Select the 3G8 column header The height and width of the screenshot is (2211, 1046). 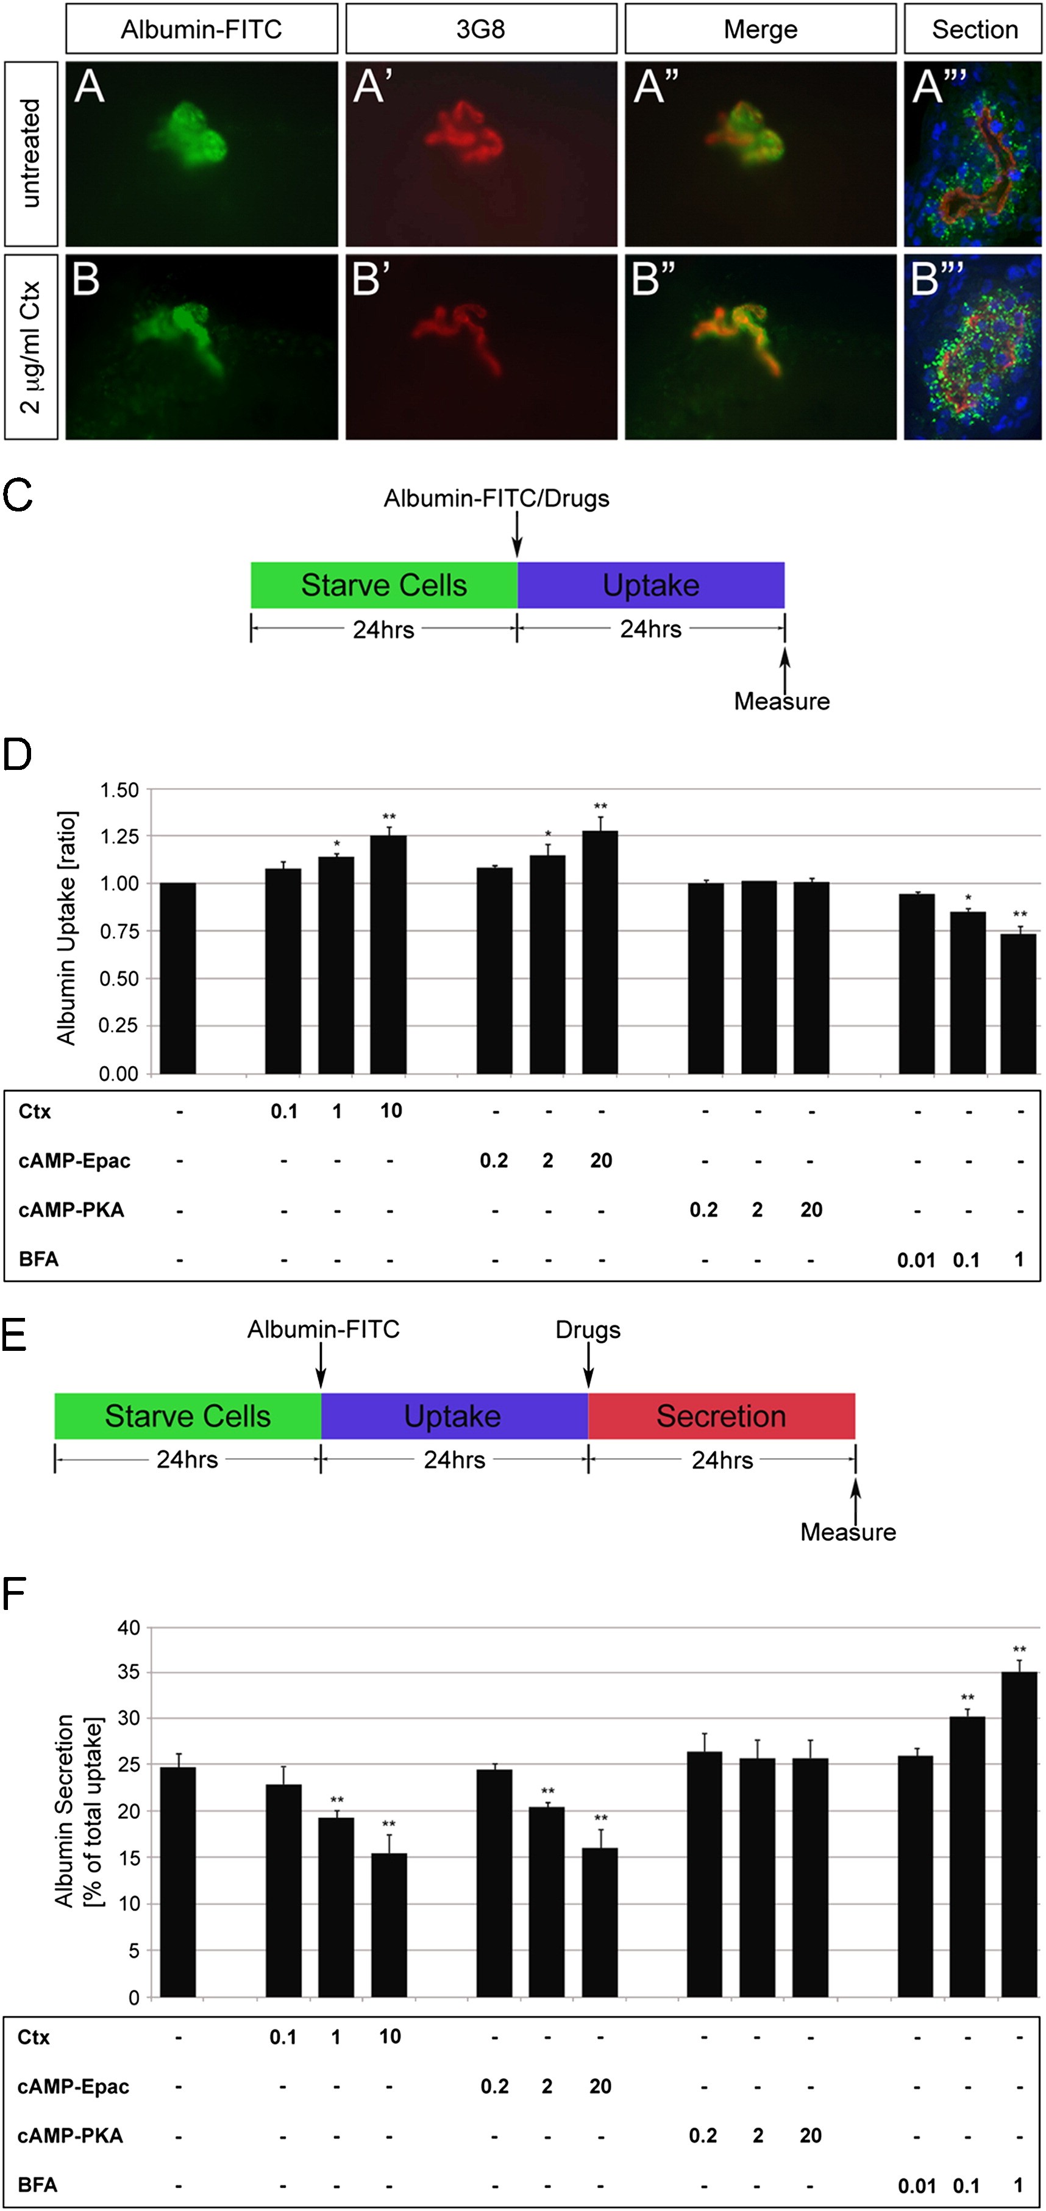[480, 29]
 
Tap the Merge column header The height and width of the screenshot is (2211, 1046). [760, 29]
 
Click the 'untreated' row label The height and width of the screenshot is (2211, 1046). [31, 154]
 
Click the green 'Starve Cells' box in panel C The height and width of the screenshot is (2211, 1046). [383, 585]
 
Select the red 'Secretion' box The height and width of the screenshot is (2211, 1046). [720, 1415]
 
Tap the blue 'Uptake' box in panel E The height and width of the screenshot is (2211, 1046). [453, 1415]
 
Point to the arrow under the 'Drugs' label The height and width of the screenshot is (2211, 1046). [589, 1365]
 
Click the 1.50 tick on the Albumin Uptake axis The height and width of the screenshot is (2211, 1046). [119, 789]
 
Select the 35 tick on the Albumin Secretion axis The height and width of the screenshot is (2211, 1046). [129, 1672]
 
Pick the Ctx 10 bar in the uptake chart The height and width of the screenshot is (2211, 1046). [389, 953]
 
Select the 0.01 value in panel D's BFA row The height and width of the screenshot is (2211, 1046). [916, 1260]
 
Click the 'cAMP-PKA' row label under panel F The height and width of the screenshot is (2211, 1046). [70, 2135]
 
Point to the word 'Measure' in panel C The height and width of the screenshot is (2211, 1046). [781, 701]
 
